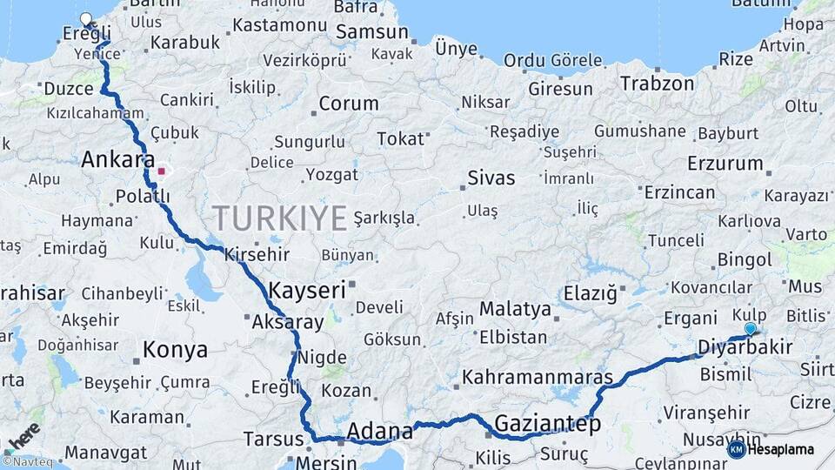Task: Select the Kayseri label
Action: (x=307, y=290)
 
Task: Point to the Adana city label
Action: (x=379, y=431)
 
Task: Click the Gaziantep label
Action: (x=547, y=424)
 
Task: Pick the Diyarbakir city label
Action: (x=745, y=348)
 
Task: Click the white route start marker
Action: (x=85, y=18)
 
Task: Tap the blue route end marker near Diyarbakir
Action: (x=751, y=329)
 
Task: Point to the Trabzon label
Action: (x=658, y=84)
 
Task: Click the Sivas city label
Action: (x=491, y=178)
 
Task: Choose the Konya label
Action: (x=175, y=350)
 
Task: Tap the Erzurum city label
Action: (x=725, y=163)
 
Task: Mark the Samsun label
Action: (x=373, y=32)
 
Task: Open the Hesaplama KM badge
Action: (x=772, y=449)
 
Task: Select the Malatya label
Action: (x=515, y=309)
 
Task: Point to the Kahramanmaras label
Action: (x=538, y=378)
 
